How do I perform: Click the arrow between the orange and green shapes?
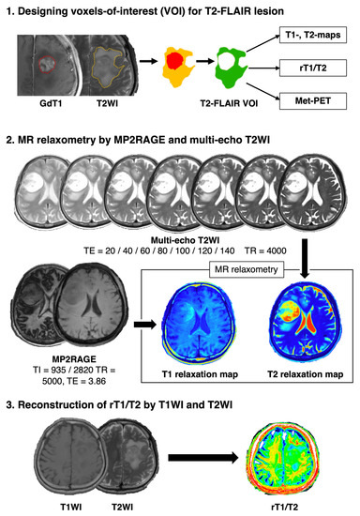[x=204, y=68]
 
